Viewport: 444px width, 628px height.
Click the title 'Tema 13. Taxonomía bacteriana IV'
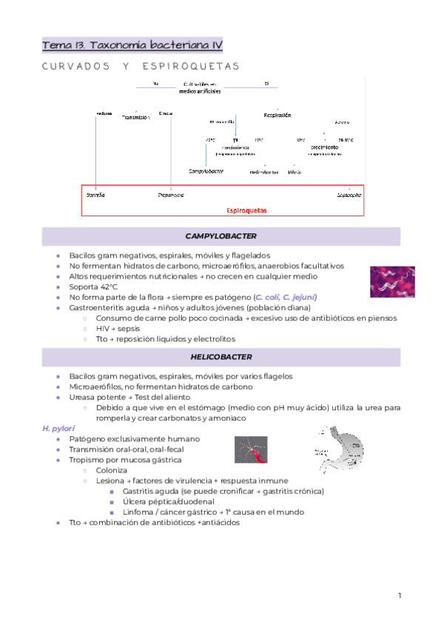coord(132,45)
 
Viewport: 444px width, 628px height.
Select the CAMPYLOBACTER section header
coord(221,236)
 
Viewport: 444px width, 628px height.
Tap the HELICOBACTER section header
coord(221,357)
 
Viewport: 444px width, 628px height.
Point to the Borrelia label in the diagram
coord(95,196)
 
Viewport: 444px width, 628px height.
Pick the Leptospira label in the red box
coord(349,196)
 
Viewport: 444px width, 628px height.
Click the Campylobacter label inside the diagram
coord(206,171)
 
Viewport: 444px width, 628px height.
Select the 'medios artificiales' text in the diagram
coord(200,93)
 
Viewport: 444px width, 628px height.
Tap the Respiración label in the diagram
coord(277,116)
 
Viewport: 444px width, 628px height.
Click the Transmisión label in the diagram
coord(135,117)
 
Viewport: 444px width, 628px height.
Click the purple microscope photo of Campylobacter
coord(392,281)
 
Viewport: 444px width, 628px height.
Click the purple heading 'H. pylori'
coord(55,428)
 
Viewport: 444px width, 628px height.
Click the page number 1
coord(399,595)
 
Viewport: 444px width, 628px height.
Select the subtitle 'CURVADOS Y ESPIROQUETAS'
coord(141,67)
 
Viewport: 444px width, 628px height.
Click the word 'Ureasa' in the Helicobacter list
coord(83,397)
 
